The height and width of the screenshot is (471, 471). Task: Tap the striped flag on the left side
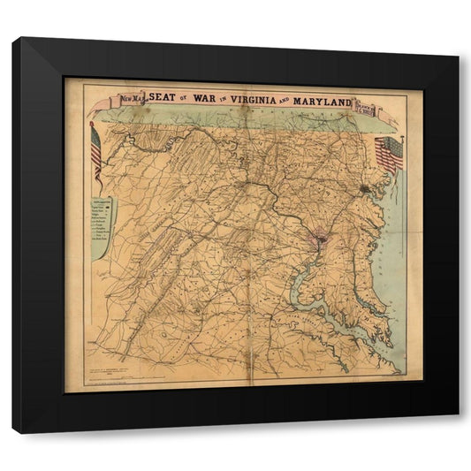95,148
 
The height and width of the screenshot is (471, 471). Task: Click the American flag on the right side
389,153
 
